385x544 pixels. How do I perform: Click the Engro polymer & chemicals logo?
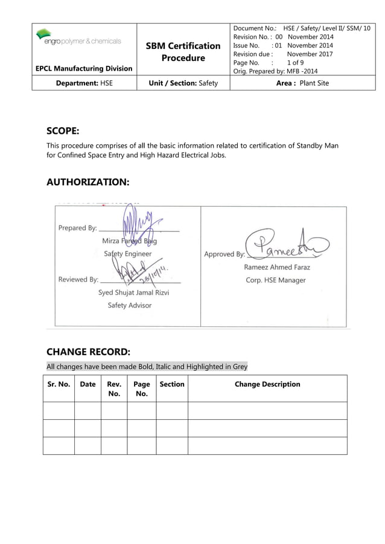(x=78, y=37)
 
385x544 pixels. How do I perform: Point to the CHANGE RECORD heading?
(x=88, y=352)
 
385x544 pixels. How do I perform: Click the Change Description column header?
(x=267, y=384)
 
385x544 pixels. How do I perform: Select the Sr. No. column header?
(x=59, y=384)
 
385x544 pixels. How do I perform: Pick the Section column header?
(x=172, y=384)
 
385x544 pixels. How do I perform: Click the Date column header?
(x=87, y=384)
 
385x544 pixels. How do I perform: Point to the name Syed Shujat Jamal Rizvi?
(x=133, y=293)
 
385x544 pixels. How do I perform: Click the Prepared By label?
(x=77, y=228)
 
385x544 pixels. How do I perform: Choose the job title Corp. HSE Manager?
(x=275, y=280)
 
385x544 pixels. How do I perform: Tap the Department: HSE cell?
(x=84, y=83)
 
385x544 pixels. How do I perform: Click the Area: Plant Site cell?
(x=302, y=83)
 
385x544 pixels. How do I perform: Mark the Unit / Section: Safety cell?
(x=183, y=83)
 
